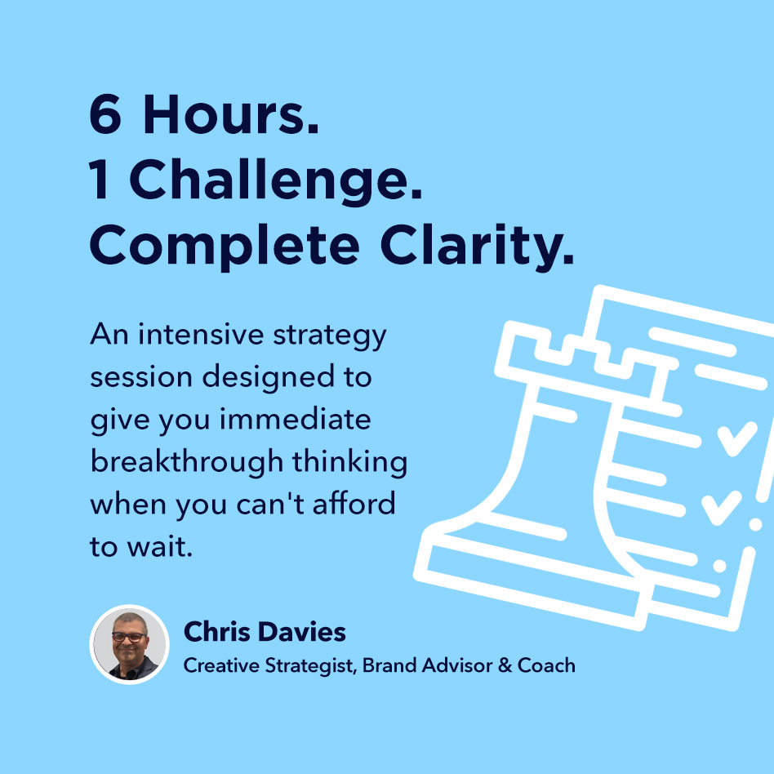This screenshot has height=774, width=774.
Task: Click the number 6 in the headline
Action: (105, 114)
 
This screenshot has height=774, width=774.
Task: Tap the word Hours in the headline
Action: (231, 114)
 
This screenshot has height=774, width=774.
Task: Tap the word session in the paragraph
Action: (141, 378)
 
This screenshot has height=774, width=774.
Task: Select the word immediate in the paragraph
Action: (296, 419)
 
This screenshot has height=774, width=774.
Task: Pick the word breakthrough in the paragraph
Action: (187, 463)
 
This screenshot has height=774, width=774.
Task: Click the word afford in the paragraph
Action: (354, 504)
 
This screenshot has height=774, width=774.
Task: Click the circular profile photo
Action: (129, 644)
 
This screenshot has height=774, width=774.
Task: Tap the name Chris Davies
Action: (265, 631)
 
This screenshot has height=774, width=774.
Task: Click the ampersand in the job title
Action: (505, 665)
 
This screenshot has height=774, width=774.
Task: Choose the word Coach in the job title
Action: (546, 665)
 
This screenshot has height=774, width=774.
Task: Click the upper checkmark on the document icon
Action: (736, 438)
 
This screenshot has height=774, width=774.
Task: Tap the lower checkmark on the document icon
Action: (721, 508)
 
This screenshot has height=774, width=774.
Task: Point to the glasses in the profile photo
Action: (129, 637)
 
